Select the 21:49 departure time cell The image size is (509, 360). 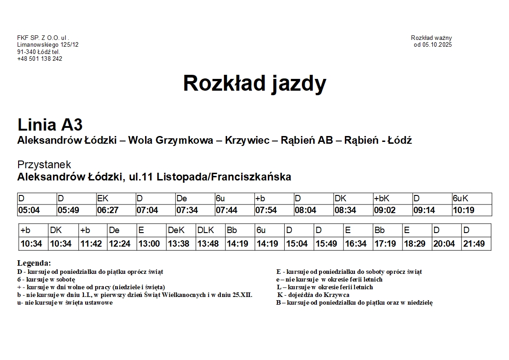tap(474, 244)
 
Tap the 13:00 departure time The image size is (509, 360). tap(149, 244)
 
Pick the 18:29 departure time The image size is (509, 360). tap(414, 244)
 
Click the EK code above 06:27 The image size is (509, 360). tap(103, 199)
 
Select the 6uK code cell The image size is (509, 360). tap(460, 199)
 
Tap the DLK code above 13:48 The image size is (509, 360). tap(205, 230)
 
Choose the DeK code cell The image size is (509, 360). tap(176, 230)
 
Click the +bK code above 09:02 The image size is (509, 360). tap(382, 199)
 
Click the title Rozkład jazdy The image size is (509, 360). tap(254, 83)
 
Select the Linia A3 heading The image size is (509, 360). tap(50, 125)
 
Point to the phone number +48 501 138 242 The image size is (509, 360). tap(40, 58)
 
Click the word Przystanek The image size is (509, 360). tap(44, 165)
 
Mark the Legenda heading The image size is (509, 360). tap(34, 263)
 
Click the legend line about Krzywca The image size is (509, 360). tap(314, 295)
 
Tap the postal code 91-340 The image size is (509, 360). tap(26, 52)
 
